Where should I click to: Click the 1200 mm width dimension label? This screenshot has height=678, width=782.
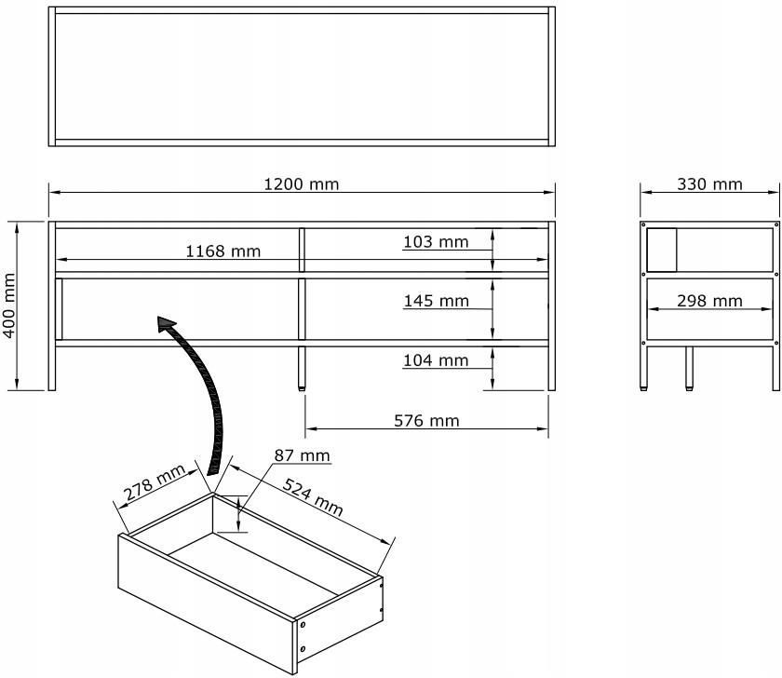point(302,184)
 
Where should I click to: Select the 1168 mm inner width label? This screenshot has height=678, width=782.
point(222,251)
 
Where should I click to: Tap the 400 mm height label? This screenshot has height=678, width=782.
point(9,305)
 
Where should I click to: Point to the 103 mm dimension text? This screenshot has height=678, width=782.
point(436,242)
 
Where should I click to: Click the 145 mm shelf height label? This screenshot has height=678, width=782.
point(437,301)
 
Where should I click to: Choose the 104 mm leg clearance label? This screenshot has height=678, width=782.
point(436,360)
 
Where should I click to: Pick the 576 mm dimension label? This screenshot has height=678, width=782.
point(426,421)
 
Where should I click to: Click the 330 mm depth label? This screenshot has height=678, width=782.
point(709,184)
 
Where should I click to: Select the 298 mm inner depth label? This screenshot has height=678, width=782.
point(709,301)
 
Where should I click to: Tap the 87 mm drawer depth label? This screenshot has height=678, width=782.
point(303,455)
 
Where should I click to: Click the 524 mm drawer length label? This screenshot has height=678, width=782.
point(313,496)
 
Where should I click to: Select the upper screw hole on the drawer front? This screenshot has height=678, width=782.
point(303,625)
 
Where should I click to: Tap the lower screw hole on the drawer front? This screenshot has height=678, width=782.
point(303,648)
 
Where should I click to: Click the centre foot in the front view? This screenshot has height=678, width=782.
point(302,368)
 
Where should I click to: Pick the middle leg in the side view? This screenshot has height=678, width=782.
point(689,368)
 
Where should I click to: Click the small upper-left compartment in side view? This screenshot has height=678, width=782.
point(662,250)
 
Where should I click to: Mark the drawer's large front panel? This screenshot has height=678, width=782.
point(208,603)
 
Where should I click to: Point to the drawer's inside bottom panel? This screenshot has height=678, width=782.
point(253,564)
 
